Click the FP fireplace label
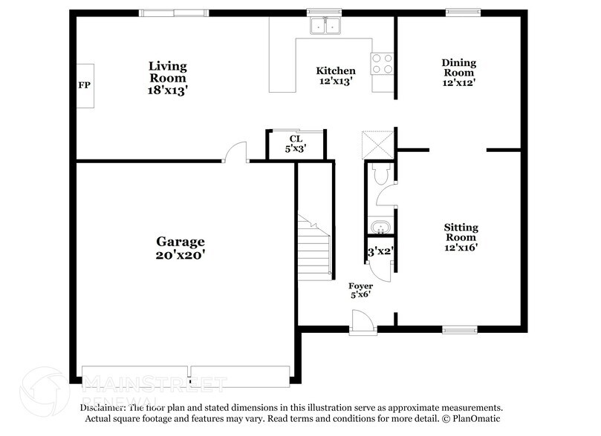[84, 85]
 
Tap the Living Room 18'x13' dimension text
[167, 90]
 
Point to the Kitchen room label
[337, 70]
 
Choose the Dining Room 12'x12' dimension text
[458, 83]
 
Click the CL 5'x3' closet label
[296, 143]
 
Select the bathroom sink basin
[380, 226]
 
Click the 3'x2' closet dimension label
[380, 252]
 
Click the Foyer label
[360, 285]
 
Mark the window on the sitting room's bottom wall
[460, 329]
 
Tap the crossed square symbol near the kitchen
[376, 143]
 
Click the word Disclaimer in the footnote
[103, 408]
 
